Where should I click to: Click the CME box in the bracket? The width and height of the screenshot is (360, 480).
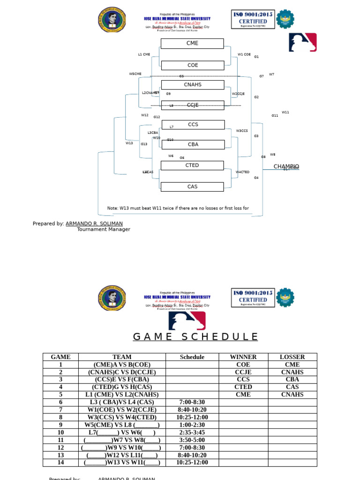coord(192,44)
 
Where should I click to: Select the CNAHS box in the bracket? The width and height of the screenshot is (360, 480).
coord(192,85)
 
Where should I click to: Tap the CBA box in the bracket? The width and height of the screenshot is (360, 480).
coord(193,145)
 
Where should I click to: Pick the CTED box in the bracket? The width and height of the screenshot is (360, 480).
coord(192,165)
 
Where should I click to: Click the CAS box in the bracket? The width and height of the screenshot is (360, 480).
coord(192,187)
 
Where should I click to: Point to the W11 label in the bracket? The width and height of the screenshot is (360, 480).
coord(285,112)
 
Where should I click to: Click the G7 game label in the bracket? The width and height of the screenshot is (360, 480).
coord(262,76)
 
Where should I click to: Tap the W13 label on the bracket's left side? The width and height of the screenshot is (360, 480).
coord(129,143)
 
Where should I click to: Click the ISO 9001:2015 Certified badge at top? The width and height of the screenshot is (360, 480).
coord(253,20)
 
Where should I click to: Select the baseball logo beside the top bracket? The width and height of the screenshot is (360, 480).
coord(302,42)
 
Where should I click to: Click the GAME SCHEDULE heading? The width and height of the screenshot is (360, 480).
coord(195,337)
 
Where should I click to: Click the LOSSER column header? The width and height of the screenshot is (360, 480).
coord(292,357)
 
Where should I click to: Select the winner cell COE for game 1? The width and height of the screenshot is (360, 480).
coord(243,365)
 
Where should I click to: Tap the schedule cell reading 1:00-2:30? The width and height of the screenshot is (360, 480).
coord(192,425)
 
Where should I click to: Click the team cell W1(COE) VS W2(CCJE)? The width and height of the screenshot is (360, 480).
coord(122,410)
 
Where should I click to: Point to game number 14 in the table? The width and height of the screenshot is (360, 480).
coord(60,463)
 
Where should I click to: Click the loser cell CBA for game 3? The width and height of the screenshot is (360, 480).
coord(292,380)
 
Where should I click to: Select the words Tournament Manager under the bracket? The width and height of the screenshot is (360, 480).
coord(104,230)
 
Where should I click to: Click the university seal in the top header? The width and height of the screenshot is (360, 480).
coord(112,20)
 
